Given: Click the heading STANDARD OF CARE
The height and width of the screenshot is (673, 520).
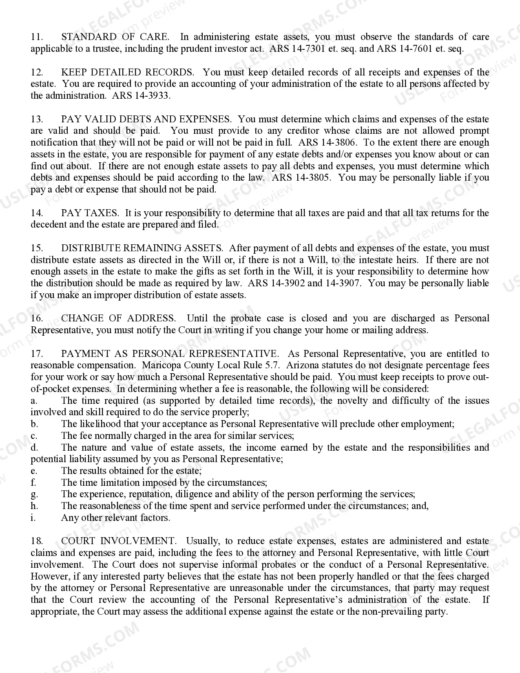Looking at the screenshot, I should point(115,37).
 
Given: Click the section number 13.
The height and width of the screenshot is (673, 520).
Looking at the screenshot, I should point(37,120).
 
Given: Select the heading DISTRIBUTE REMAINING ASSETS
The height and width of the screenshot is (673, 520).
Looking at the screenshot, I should point(142,248).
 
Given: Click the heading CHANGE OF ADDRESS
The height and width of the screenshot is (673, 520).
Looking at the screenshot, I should point(118,319).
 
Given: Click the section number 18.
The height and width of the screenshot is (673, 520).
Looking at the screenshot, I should point(37,541).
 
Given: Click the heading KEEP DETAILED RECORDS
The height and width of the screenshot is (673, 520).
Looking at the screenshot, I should point(128,73).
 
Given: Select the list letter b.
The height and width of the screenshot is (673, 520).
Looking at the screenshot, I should point(34,424).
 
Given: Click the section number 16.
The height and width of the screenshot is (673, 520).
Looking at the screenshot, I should point(37,319).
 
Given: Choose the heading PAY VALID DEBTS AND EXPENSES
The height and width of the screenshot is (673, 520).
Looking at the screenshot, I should point(146,120).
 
